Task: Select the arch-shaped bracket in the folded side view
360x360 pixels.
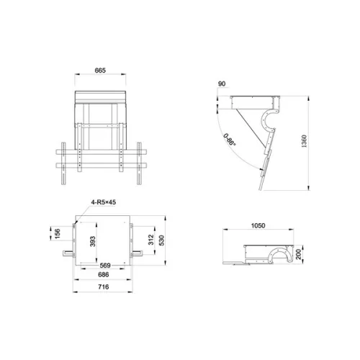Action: (x=276, y=255)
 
